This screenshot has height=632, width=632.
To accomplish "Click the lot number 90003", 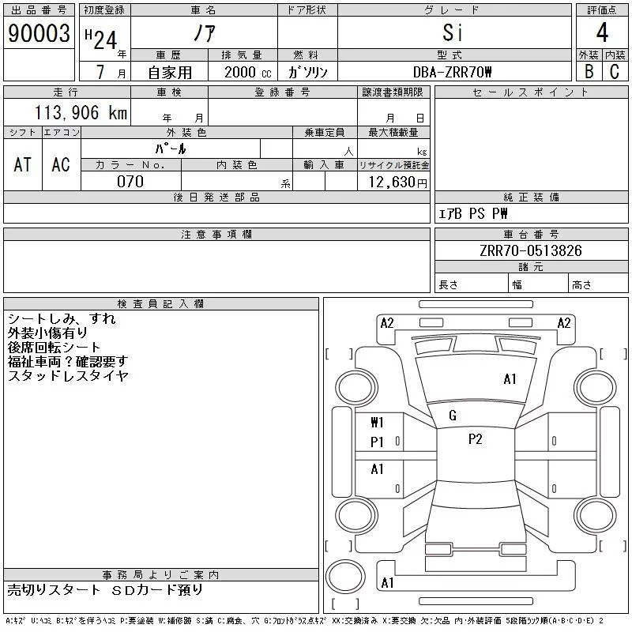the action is (x=39, y=33).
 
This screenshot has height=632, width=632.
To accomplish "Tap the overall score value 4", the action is (x=602, y=33).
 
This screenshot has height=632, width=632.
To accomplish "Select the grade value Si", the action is (x=453, y=33).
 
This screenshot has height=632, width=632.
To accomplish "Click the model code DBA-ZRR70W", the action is (x=453, y=72).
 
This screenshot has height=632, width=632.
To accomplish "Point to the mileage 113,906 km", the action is (x=80, y=113).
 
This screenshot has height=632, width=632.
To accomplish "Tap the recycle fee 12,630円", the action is (x=393, y=182).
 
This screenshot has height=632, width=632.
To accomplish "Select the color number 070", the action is (x=130, y=182).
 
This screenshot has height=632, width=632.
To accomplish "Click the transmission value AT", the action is (x=22, y=164).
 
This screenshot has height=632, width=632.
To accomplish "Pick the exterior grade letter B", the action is (x=589, y=72).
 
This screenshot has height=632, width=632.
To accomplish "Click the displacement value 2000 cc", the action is (x=244, y=72).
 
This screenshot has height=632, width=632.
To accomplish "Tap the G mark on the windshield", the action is (x=453, y=416).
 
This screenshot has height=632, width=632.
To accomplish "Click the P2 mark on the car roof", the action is (x=475, y=440).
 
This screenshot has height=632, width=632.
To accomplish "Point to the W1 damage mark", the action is (x=377, y=422).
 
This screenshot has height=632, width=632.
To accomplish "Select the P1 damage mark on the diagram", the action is (x=377, y=442).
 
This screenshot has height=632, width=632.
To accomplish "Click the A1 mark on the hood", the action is (x=510, y=379).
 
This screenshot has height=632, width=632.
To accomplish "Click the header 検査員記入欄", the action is (x=160, y=304).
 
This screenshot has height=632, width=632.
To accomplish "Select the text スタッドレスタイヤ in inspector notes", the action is (x=68, y=376).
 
